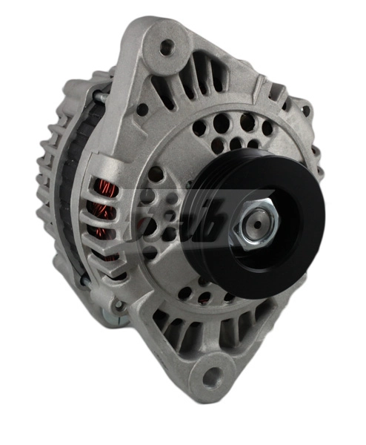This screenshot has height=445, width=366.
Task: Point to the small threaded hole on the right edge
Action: click(x=305, y=111)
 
